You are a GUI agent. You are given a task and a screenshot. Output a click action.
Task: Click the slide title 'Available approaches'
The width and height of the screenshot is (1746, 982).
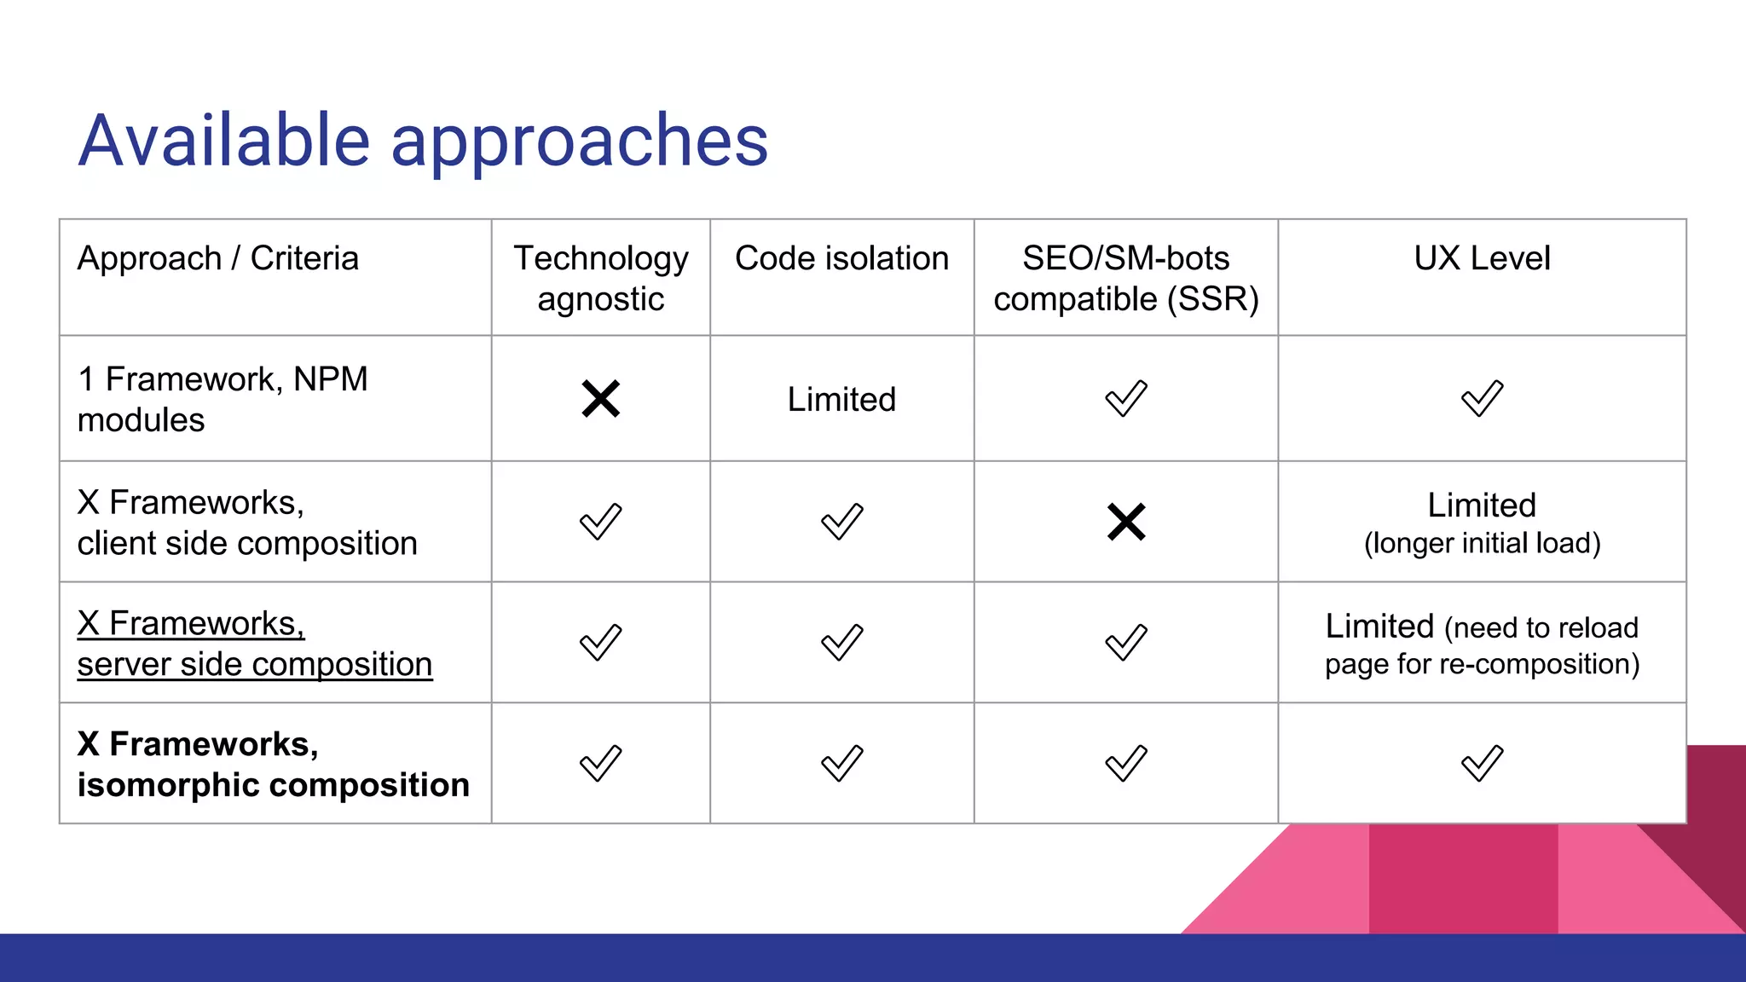tap(423, 141)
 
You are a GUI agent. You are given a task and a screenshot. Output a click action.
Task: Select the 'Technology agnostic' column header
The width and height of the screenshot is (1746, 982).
tap(600, 278)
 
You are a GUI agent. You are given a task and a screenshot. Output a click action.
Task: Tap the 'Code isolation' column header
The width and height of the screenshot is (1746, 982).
tap(841, 258)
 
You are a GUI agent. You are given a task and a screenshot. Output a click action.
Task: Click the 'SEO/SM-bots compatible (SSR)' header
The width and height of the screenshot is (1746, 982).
tap(1125, 278)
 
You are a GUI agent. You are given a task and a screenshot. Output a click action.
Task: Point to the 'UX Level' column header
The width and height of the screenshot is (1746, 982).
tap(1482, 258)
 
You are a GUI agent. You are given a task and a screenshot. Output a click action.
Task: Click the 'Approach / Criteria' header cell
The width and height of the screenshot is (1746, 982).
tap(218, 258)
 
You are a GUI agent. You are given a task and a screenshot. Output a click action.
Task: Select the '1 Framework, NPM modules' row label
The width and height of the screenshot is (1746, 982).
tap(222, 399)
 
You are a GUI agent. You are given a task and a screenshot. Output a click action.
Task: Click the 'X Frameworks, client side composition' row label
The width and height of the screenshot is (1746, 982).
tap(247, 523)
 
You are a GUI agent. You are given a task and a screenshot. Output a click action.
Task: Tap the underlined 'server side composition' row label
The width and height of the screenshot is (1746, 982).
tap(254, 664)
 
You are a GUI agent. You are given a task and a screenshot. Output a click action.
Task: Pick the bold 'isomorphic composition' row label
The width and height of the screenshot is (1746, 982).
tap(273, 785)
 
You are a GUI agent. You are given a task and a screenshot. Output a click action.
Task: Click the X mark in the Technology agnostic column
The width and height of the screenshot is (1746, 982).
tap(600, 399)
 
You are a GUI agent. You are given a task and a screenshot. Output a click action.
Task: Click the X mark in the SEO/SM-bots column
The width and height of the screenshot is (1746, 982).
tap(1125, 522)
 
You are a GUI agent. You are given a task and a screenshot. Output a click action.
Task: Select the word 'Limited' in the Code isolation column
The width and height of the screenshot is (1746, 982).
tap(841, 399)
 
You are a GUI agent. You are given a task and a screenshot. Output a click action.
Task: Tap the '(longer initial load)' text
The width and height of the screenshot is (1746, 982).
tap(1482, 544)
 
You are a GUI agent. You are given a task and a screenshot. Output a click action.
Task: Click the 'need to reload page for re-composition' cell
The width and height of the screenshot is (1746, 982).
tap(1482, 645)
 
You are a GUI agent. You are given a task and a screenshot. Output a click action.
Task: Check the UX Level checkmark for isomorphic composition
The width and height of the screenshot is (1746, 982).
tap(1482, 764)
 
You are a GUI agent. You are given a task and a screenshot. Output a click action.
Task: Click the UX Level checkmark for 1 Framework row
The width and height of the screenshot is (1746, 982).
tap(1482, 399)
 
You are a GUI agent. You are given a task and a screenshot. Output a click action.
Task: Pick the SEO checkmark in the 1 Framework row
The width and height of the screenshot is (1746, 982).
tap(1125, 399)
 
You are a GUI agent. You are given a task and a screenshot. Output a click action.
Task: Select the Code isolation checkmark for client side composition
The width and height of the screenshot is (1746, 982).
tap(841, 522)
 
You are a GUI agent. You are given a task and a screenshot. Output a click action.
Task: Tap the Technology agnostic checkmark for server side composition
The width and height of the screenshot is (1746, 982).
tap(600, 643)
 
